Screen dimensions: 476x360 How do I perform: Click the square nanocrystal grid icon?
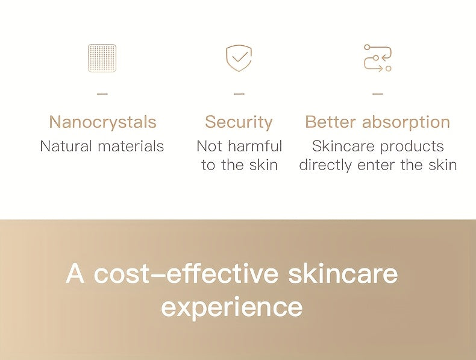pos(102,58)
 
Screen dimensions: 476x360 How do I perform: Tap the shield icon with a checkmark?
pos(239,58)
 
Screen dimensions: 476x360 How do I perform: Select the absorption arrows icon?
pos(378,58)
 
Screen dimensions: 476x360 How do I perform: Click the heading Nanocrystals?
pos(102,122)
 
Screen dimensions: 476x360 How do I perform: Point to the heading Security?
pos(239,122)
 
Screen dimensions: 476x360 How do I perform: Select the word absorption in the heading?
pos(406,122)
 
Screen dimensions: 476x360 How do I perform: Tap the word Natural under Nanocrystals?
pos(66,146)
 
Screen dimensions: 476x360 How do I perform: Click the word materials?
pos(131,146)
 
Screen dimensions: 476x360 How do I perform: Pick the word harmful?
pos(255,146)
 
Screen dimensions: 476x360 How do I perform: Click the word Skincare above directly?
pos(343,146)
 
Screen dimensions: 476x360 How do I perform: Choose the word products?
pos(412,147)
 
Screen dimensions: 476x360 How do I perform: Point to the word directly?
pos(325,165)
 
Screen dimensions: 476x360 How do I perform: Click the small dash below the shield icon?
pos(239,94)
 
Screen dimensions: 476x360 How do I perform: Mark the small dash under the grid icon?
pos(102,94)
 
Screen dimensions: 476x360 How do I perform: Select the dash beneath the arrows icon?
pos(378,94)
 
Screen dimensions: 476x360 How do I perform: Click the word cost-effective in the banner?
pos(186,273)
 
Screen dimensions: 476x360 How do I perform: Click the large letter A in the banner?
pos(75,273)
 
